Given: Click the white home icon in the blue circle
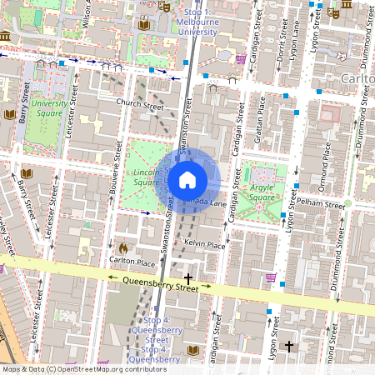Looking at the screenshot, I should click(187, 179).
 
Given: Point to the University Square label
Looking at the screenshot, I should click(49, 108).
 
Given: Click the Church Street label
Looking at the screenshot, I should click(140, 106).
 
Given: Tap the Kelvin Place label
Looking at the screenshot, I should click(204, 245).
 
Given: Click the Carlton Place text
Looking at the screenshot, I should click(133, 262).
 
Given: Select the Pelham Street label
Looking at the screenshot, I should click(324, 204).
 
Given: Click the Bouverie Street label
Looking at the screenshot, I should click(115, 188).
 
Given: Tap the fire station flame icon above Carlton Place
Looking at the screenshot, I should click(123, 248).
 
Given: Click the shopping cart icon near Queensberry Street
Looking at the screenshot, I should click(270, 277).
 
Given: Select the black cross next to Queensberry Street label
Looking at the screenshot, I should click(188, 277).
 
